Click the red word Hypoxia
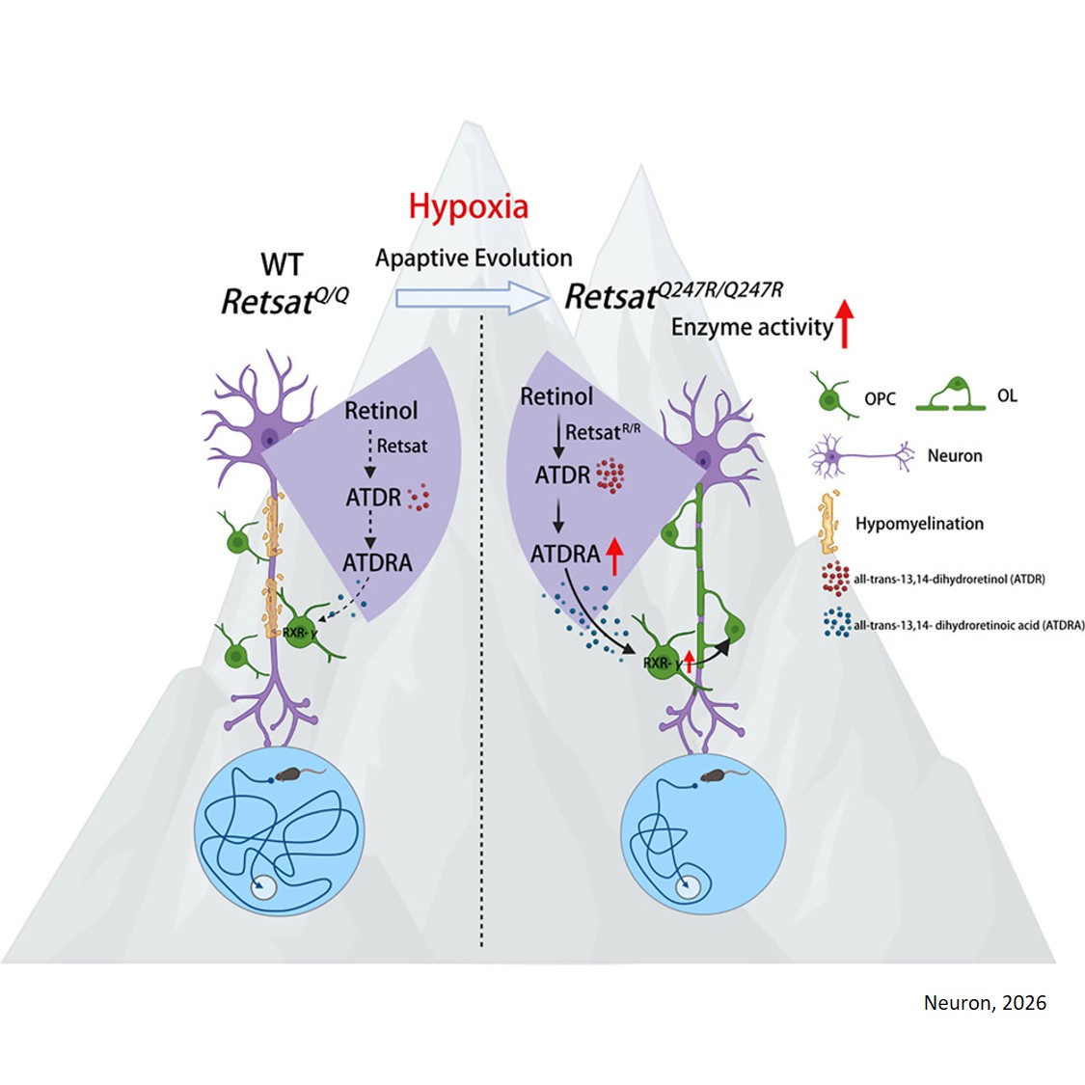click(468, 206)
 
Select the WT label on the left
click(282, 264)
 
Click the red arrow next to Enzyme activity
click(845, 323)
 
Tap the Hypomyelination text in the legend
click(919, 524)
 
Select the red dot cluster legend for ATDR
click(835, 579)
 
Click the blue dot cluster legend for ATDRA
click(836, 623)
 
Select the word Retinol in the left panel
click(381, 411)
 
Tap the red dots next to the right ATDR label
click(609, 475)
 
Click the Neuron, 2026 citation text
click(984, 1002)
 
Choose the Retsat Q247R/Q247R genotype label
click(673, 295)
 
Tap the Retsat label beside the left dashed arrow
click(402, 446)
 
